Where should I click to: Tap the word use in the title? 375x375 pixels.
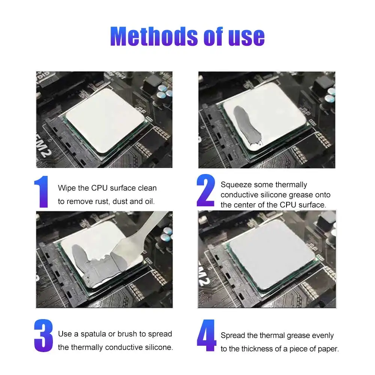pyautogui.click(x=246, y=37)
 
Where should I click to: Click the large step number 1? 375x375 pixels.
pyautogui.click(x=41, y=192)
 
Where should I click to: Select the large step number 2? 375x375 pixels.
pyautogui.click(x=205, y=190)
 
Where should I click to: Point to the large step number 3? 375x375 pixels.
pyautogui.click(x=43, y=335)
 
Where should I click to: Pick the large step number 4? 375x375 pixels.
pyautogui.click(x=206, y=335)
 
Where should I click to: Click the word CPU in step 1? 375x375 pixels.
pyautogui.click(x=99, y=188)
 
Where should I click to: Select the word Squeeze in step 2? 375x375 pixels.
pyautogui.click(x=235, y=185)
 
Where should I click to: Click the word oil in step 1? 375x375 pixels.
pyautogui.click(x=149, y=202)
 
